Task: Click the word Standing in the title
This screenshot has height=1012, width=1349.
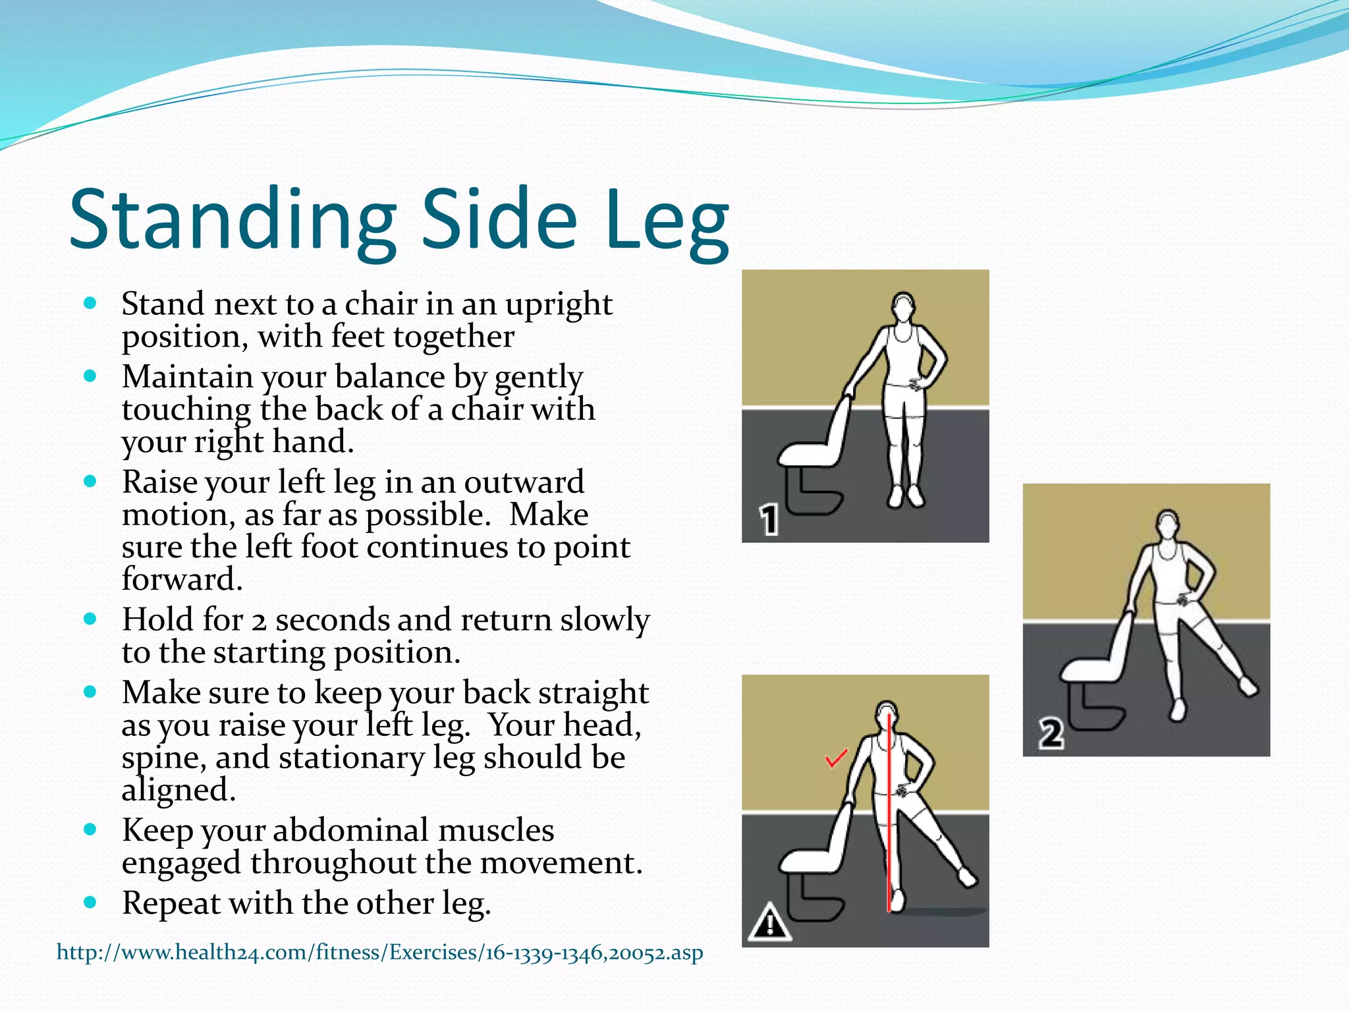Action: pos(232,221)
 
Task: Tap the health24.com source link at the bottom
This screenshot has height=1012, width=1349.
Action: pos(379,953)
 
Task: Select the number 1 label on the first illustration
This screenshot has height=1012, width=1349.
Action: pos(769,520)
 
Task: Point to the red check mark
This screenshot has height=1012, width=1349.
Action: pos(836,759)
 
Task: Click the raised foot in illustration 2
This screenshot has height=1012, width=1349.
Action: pos(1247,687)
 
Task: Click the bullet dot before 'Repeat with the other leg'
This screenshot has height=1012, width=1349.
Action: pos(90,902)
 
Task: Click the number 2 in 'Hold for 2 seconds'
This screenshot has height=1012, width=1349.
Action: pos(259,621)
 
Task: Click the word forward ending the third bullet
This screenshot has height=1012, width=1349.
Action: pos(182,580)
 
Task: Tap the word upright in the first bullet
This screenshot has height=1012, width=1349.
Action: pos(559,305)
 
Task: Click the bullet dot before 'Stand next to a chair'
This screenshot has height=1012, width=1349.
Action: pos(90,303)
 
